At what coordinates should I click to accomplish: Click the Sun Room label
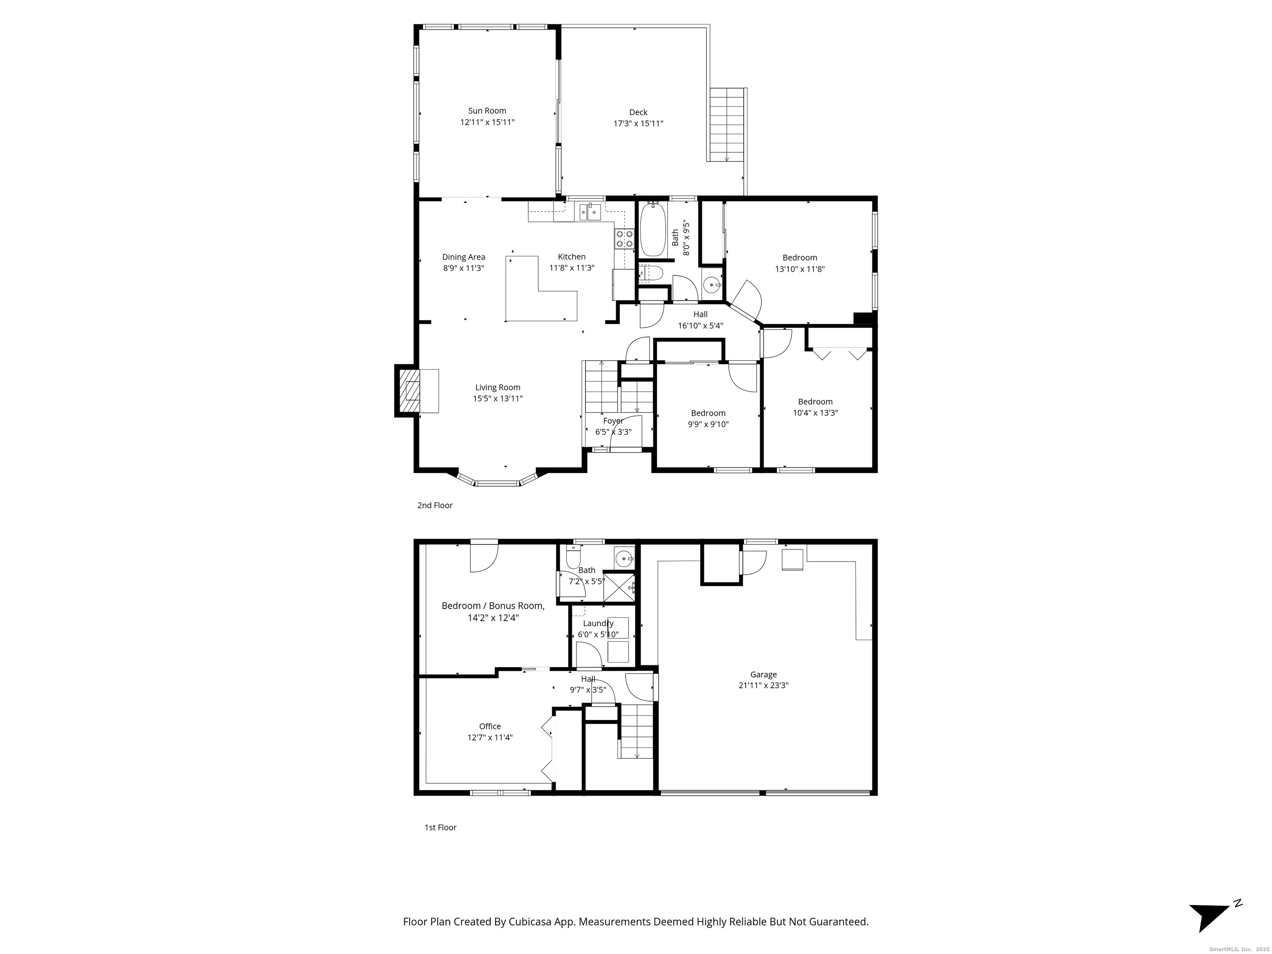tap(487, 111)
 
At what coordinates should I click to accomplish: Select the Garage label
tap(763, 675)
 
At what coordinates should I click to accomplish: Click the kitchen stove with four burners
tap(624, 238)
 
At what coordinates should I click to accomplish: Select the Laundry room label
tap(598, 623)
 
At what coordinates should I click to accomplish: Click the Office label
tap(490, 726)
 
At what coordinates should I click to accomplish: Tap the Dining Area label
tap(463, 257)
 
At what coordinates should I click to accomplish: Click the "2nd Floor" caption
tap(435, 506)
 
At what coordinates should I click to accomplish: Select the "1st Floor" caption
tap(441, 827)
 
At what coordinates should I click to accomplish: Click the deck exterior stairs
tap(728, 125)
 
